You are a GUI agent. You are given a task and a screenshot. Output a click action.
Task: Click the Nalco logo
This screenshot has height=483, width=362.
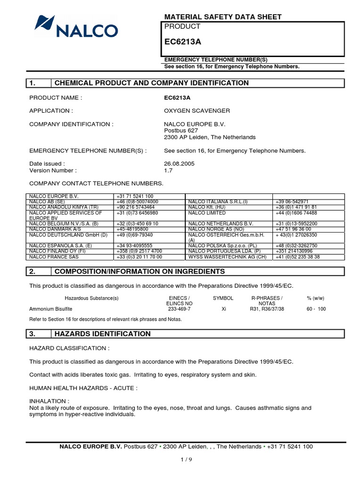pos(76,26)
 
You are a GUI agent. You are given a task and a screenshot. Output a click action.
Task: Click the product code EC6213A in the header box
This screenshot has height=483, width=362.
pos(182,42)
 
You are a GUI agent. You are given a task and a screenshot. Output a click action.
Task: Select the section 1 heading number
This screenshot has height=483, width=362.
pos(33,83)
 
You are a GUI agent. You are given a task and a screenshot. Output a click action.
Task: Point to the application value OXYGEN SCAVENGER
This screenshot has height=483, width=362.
pos(190,111)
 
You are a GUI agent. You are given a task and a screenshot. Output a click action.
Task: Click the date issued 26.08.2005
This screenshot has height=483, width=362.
pos(179,164)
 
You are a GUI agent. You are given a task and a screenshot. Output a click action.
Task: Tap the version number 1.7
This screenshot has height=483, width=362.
pos(168,170)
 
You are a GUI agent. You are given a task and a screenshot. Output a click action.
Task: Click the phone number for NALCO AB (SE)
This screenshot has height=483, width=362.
pos(137,202)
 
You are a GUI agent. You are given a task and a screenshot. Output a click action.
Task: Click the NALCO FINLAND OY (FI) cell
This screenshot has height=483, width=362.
pos(57,251)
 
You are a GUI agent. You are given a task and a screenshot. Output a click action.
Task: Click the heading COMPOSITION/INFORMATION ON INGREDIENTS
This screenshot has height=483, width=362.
pos(140,271)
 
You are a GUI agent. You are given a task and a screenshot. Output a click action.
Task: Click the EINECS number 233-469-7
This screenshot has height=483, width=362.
pos(179,309)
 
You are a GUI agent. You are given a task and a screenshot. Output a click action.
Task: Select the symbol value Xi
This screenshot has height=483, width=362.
pos(223,309)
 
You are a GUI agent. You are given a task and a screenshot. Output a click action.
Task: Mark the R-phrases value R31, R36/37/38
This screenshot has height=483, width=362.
pos(267,309)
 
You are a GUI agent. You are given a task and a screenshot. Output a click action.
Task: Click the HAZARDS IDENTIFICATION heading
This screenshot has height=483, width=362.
pos(103,334)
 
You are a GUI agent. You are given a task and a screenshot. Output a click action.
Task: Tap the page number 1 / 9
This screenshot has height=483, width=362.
pos(186,460)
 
